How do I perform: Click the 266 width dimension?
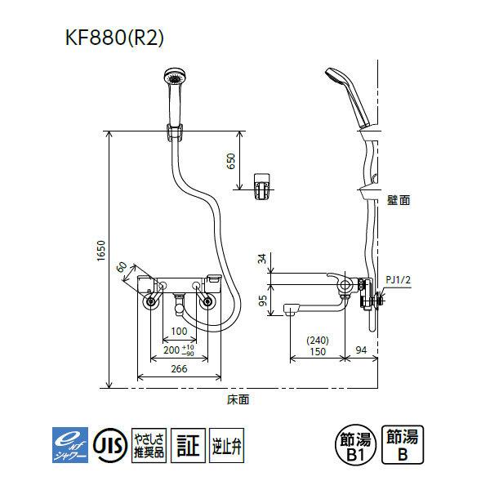[x=179, y=369]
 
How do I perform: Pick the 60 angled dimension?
[x=122, y=267]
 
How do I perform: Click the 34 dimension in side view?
[x=261, y=261]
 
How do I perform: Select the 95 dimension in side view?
[x=261, y=300]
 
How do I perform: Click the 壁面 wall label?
[x=399, y=198]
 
